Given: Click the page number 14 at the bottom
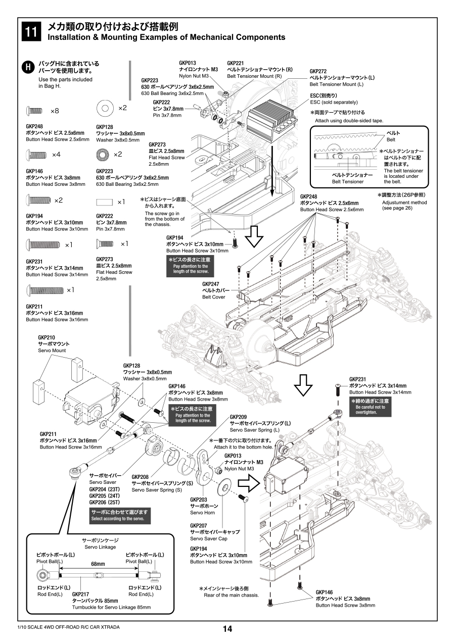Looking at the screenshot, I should coord(227,629).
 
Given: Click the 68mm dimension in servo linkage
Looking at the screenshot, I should coord(98,564).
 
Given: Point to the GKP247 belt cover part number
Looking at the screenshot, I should coord(210,284).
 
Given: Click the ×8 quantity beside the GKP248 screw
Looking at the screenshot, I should coord(55,111).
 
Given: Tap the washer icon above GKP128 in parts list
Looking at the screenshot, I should coord(105,108).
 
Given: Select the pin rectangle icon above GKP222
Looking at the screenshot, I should coord(105,202).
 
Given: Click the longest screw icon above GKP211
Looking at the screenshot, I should coord(45,290).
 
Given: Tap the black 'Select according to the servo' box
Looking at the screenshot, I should coord(119,515).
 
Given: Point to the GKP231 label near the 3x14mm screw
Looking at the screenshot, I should coord(357,379).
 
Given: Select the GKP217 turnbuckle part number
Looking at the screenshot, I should coord(80,594).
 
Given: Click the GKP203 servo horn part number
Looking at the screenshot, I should coord(198,500).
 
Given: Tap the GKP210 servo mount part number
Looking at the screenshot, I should coord(47,337).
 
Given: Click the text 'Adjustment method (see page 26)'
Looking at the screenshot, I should coord(404,205).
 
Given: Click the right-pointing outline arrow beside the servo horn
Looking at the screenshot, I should coord(248,483).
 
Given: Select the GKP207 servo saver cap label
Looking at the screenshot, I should coord(198,526).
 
